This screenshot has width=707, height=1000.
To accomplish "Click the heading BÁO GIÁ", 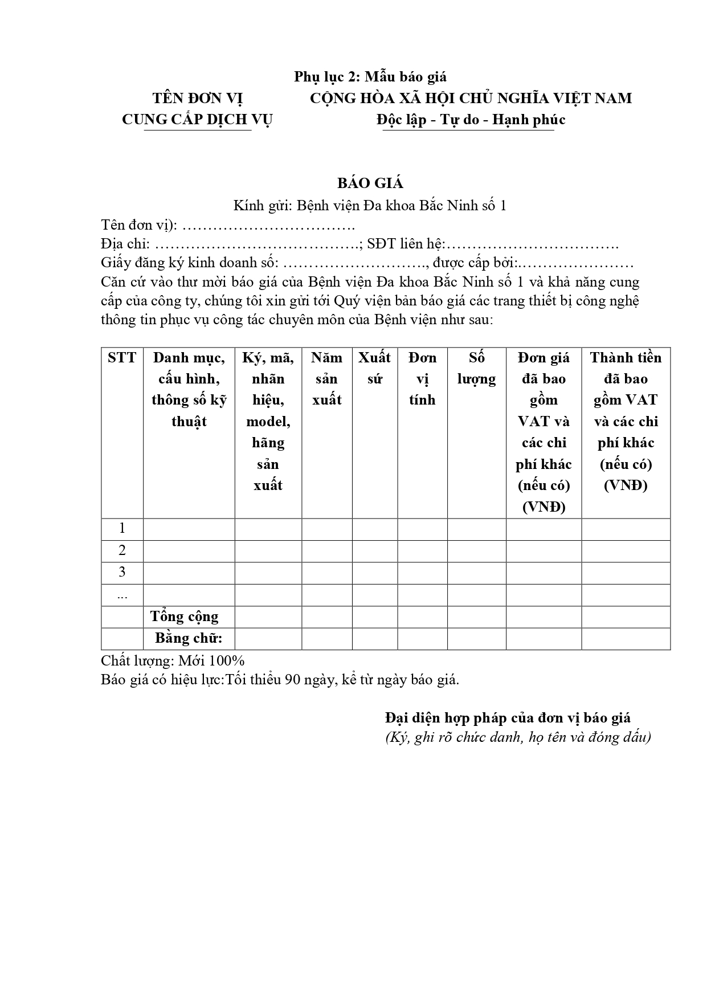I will [370, 183].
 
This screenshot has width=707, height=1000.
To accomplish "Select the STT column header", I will [122, 358].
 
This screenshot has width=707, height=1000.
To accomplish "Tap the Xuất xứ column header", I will [374, 368].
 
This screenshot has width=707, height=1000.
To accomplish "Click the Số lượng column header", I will [476, 368].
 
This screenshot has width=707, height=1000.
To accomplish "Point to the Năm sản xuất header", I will [326, 378].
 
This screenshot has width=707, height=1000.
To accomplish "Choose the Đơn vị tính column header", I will [422, 378].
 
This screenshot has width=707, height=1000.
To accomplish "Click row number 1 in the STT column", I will [122, 529].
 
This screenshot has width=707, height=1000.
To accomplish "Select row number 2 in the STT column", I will [122, 550].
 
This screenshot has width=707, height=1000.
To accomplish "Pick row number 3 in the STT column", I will [122, 572].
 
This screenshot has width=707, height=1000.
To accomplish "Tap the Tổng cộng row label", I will [185, 617].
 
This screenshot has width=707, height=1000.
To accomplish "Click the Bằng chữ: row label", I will [189, 638].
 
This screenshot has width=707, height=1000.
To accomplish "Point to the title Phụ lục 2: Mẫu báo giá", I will [370, 77].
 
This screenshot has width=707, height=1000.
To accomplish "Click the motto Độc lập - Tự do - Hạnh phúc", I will [471, 120].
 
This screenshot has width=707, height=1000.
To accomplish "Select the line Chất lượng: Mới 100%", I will [173, 661].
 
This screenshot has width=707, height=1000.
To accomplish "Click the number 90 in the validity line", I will [293, 680].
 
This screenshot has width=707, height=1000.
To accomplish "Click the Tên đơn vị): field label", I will [139, 225].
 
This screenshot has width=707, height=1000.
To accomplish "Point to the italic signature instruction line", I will [518, 737].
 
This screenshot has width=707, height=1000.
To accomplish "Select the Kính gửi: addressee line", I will [370, 206].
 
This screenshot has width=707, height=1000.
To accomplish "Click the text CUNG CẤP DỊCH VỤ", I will [197, 120].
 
